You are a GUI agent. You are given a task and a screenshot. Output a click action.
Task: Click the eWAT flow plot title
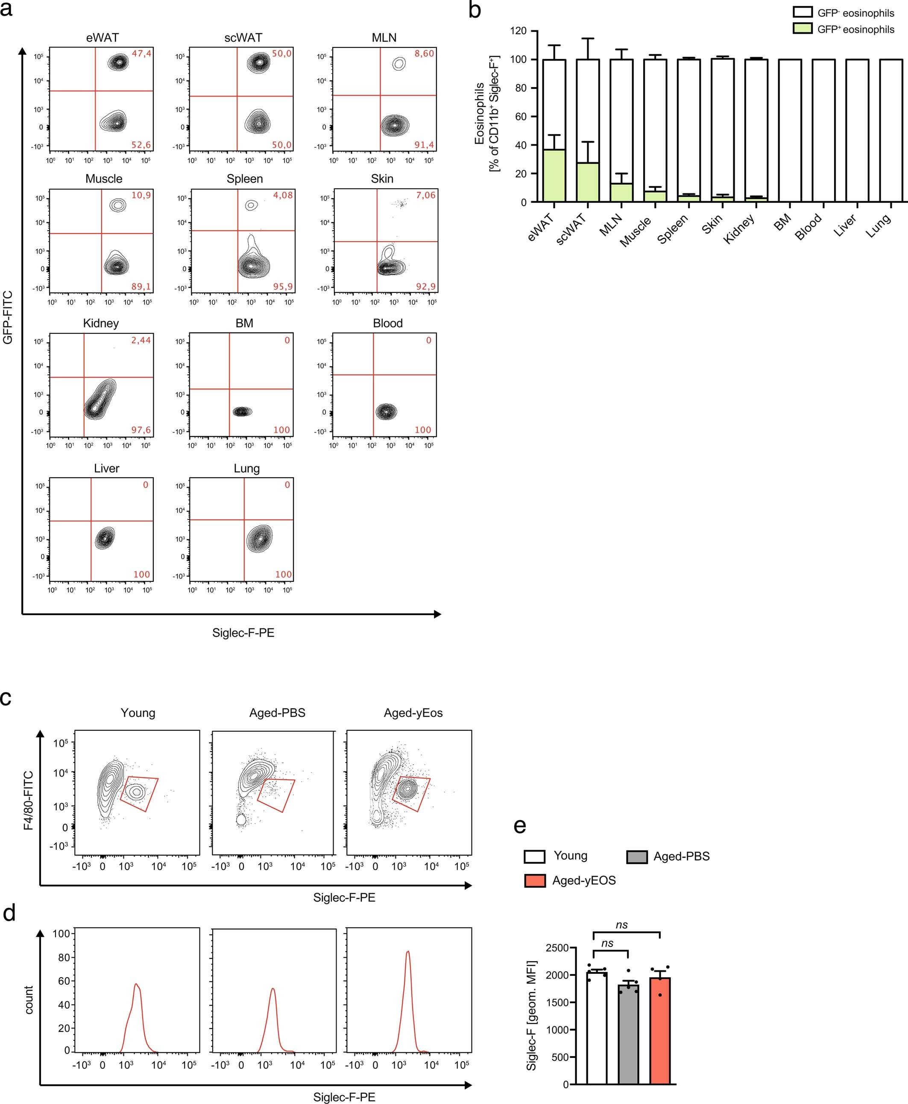click(103, 38)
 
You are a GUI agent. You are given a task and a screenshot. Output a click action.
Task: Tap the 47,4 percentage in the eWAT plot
click(141, 53)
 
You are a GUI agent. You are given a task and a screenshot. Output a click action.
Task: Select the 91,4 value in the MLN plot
click(424, 145)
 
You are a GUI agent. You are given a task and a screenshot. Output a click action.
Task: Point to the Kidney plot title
click(101, 323)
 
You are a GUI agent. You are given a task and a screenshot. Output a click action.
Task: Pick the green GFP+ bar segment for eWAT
click(554, 175)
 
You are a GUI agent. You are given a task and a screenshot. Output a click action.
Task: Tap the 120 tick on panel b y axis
click(518, 31)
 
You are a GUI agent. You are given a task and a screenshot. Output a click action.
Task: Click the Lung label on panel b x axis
click(879, 226)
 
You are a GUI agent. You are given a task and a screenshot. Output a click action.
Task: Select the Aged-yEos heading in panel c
click(413, 713)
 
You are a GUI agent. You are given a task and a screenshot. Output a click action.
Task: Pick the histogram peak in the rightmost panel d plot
click(407, 951)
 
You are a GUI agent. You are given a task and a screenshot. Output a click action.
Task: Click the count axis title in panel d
click(28, 1000)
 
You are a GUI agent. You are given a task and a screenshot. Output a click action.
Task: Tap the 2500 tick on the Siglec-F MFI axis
click(557, 948)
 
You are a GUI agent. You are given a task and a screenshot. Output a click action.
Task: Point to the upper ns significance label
click(621, 925)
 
